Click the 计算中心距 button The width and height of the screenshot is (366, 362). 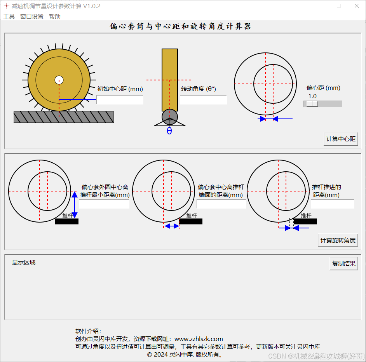(x=341, y=139)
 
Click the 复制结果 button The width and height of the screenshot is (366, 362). (x=343, y=263)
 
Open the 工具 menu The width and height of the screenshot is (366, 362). (x=9, y=17)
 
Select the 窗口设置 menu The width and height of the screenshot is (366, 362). (x=32, y=17)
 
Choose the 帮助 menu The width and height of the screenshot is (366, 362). (x=55, y=17)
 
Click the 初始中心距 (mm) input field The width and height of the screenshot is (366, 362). (x=120, y=100)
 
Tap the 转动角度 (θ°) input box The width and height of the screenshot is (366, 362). (x=203, y=100)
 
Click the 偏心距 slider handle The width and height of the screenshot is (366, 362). (x=312, y=104)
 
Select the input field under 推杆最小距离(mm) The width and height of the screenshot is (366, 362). (x=104, y=204)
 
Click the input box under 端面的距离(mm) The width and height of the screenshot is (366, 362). (x=221, y=204)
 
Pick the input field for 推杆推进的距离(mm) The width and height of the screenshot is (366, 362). (x=333, y=204)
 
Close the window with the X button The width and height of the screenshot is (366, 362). (x=356, y=6)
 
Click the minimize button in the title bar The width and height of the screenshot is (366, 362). (x=321, y=6)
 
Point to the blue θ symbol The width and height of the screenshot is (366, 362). (x=169, y=131)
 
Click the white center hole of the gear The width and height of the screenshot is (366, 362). (x=59, y=80)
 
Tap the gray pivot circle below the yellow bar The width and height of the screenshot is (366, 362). (x=170, y=117)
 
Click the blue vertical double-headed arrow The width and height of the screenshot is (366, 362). (x=75, y=205)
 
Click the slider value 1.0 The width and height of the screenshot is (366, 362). (x=312, y=96)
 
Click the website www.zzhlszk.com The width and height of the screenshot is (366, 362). (x=199, y=339)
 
